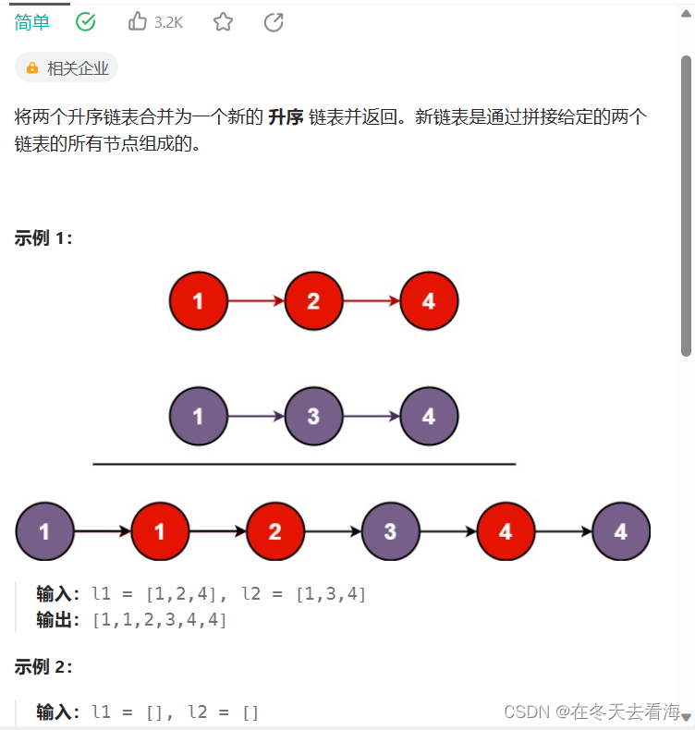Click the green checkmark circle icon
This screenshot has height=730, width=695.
click(86, 22)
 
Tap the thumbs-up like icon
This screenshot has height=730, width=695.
click(138, 21)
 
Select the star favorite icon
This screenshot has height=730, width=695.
click(223, 22)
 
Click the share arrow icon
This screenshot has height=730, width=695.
click(274, 22)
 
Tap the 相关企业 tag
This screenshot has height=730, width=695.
click(67, 67)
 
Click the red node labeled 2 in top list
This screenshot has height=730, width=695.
click(313, 301)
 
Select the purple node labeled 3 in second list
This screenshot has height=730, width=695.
click(313, 417)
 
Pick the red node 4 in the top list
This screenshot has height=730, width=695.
click(429, 301)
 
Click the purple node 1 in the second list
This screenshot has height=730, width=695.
click(198, 417)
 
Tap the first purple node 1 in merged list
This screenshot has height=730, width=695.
click(44, 532)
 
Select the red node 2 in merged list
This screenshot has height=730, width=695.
click(274, 532)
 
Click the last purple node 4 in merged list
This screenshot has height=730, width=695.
click(620, 532)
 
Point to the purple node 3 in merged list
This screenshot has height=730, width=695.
click(390, 532)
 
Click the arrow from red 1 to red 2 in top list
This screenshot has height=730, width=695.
click(255, 301)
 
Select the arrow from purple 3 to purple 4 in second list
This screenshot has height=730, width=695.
click(371, 417)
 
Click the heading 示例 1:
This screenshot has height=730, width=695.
click(43, 238)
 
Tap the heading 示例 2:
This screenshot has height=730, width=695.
click(43, 666)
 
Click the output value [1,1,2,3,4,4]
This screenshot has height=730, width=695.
click(160, 620)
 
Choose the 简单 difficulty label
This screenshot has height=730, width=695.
click(32, 22)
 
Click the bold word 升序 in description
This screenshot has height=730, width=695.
click(286, 117)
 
